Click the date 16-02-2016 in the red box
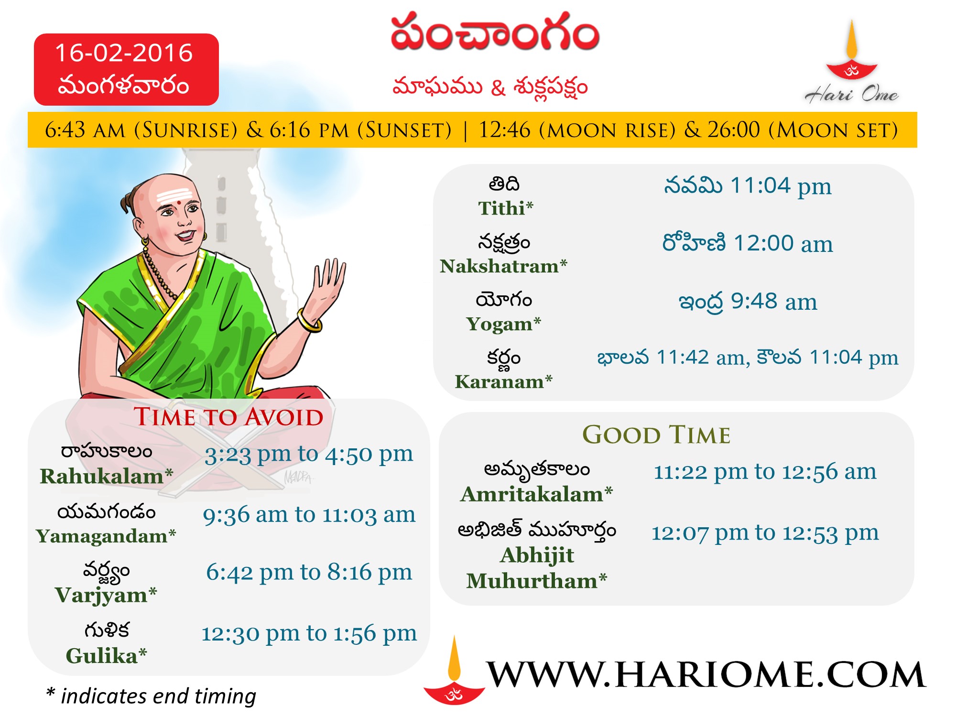coord(124,53)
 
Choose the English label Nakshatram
coord(503,266)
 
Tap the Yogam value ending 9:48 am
coord(748,302)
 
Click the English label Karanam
coord(503,382)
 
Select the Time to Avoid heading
coord(228,416)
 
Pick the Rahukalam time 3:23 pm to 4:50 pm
coord(309,454)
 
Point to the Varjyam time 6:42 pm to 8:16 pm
coord(309,572)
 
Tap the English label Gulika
coord(106,656)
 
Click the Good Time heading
coord(656,435)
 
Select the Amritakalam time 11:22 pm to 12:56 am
coord(765,472)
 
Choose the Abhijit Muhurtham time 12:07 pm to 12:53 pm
coord(765,532)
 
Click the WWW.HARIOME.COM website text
coord(706,674)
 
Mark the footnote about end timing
coord(151,696)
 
